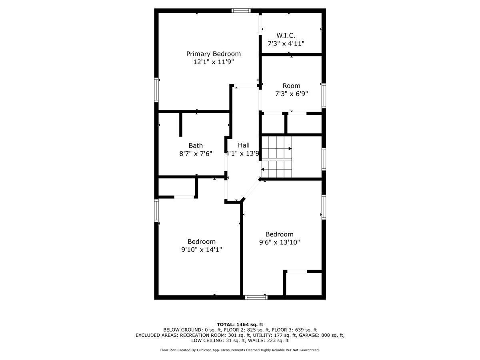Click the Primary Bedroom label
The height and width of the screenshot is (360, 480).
213,54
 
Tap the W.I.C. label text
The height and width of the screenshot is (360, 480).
286,36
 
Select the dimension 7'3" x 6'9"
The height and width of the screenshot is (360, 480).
291,94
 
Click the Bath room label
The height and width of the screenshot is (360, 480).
196,146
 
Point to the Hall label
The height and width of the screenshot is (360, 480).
244,145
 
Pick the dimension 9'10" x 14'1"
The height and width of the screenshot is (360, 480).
202,249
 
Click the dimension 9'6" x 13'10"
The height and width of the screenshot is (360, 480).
279,242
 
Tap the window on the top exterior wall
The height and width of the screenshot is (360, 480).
241,10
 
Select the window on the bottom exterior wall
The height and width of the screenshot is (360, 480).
256,297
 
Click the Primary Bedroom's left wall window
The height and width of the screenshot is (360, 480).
156,90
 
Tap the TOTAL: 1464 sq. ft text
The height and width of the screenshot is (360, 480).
240,324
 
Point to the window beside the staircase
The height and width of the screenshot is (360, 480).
324,159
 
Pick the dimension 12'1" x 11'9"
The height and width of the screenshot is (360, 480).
213,62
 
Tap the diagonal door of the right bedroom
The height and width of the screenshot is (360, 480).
251,189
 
